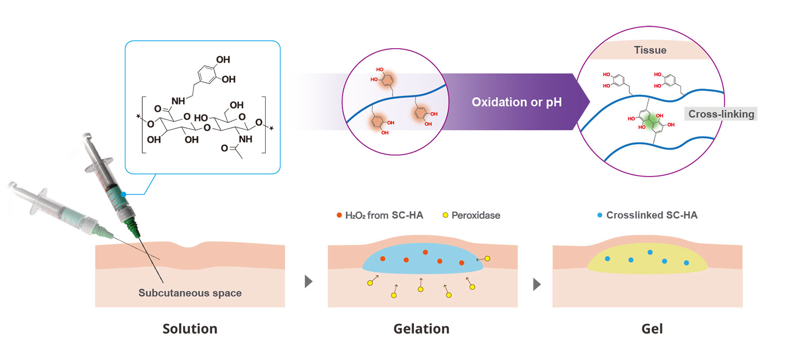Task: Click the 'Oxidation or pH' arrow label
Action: coord(516,102)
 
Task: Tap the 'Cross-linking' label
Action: coord(721,114)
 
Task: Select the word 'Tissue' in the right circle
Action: coord(650,50)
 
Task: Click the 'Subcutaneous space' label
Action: coord(190,293)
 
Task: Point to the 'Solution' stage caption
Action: coord(190,329)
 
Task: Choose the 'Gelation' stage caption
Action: coord(421,329)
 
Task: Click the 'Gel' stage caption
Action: coord(652,329)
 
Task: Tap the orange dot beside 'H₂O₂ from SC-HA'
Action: coord(339,215)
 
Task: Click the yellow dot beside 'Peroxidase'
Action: coord(445,215)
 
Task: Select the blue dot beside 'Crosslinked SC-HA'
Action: coord(599,215)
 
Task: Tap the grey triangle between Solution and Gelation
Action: coord(308,281)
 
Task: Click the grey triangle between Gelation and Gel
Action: coord(536,284)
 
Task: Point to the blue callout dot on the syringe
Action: coord(123,194)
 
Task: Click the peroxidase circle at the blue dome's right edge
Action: coord(488,259)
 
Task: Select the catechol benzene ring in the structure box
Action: coord(207,75)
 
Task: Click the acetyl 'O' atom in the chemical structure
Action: coord(224,148)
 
